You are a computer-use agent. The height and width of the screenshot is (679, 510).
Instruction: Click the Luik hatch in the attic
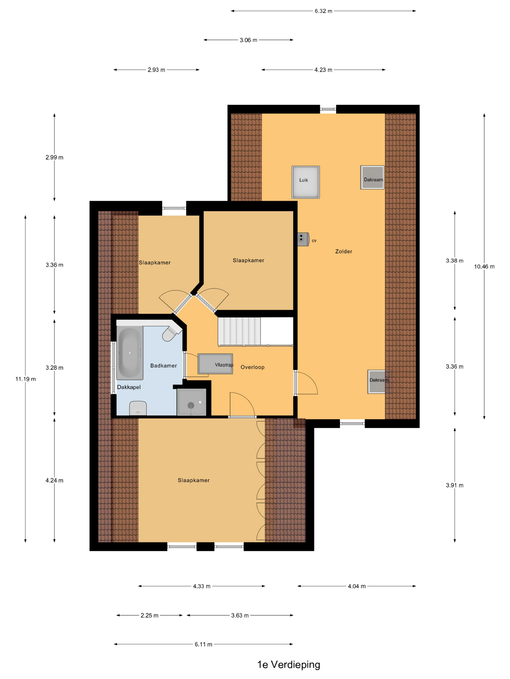click(306, 182)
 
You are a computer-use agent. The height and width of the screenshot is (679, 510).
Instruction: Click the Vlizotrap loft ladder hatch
click(215, 364)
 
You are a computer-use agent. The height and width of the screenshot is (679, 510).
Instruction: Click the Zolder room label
click(344, 251)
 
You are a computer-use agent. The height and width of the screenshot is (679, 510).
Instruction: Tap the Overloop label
click(252, 367)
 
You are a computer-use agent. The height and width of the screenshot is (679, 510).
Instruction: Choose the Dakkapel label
click(129, 387)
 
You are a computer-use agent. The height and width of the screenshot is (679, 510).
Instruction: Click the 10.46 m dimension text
click(484, 267)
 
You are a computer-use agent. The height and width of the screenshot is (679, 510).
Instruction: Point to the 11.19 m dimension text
click(25, 379)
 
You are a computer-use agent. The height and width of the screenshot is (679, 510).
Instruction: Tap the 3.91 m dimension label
click(455, 485)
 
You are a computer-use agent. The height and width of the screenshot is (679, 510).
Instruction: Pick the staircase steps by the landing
click(239, 331)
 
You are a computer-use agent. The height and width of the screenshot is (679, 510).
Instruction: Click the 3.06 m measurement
click(248, 40)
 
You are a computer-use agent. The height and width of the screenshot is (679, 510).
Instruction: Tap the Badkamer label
click(163, 366)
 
